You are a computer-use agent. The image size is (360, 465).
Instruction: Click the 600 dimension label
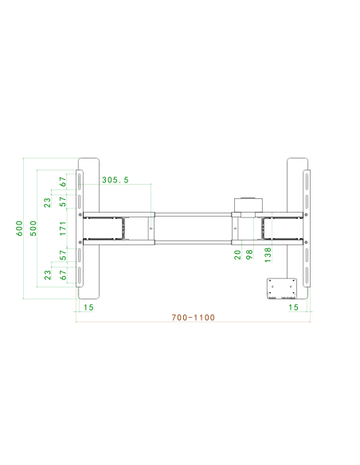point(19,228)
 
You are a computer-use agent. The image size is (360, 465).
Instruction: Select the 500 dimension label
point(33,228)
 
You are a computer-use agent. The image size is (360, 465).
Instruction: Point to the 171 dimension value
point(63,229)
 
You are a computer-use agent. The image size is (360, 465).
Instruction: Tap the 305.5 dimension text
point(115,180)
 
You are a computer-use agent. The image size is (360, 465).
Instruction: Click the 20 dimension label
point(237,255)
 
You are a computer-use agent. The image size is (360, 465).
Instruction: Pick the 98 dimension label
point(249,255)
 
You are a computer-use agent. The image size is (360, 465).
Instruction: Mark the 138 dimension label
point(268,255)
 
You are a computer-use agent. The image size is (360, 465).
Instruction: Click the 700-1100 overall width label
point(194,318)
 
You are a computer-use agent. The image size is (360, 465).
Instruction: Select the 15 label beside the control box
point(293,307)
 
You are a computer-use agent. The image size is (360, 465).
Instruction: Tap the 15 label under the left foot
point(88,307)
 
